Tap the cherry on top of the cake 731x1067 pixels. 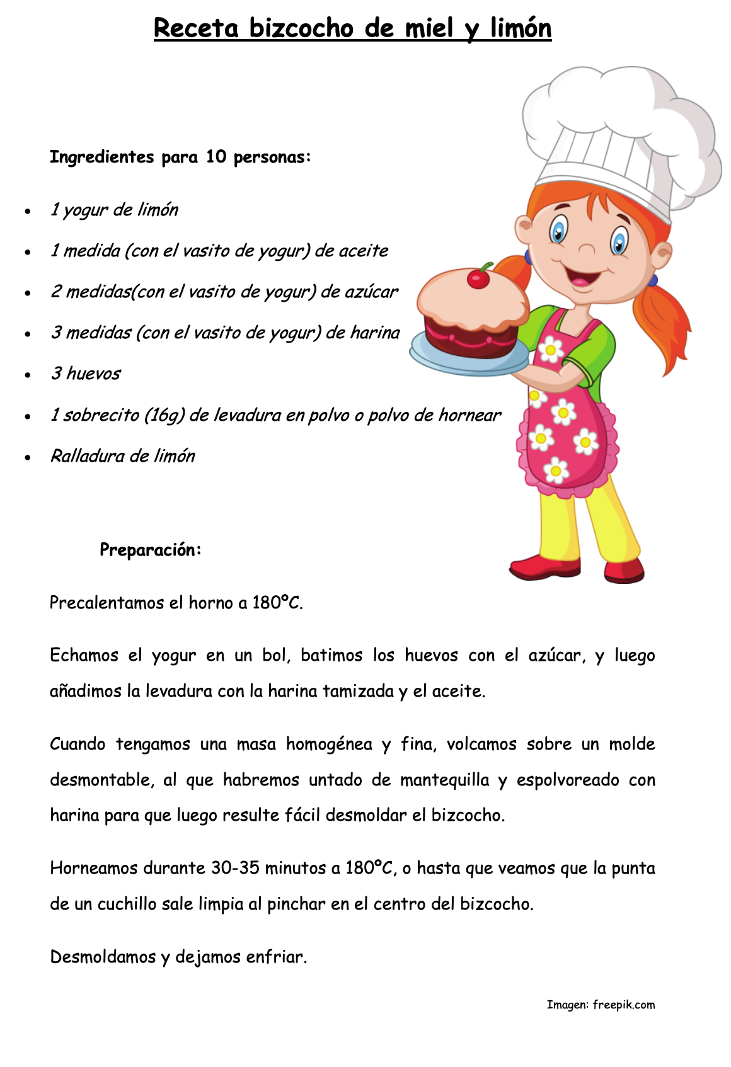coord(479,278)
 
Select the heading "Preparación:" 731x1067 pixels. coord(151,550)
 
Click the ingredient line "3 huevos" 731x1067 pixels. coord(86,374)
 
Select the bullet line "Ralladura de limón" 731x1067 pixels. coord(123,456)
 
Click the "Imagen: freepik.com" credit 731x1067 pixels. coord(601,1005)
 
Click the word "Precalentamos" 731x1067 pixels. coord(107,603)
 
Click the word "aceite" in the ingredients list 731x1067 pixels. coord(364,251)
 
